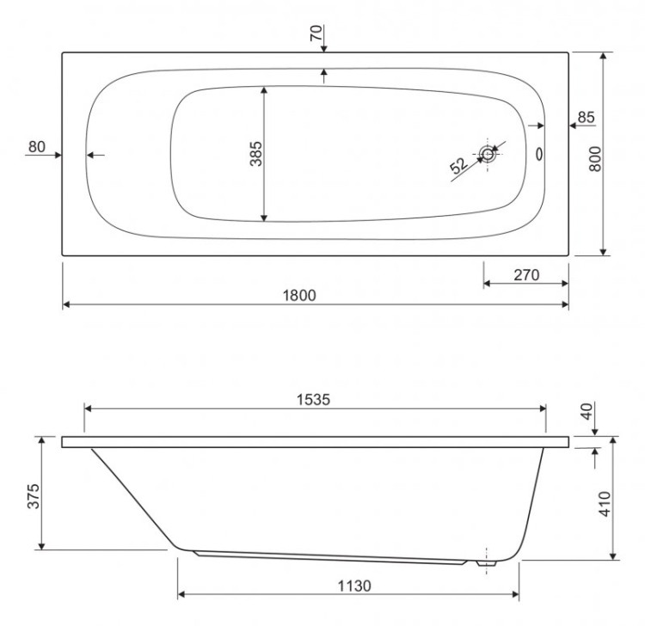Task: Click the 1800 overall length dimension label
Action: [301, 295]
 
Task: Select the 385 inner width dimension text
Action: [255, 154]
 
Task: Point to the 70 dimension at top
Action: [316, 34]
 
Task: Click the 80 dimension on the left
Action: [36, 146]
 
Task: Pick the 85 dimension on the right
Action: [586, 117]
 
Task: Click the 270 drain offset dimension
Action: [525, 275]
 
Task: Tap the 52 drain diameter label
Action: [458, 166]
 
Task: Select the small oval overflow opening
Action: [540, 155]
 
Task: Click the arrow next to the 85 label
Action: [572, 126]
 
